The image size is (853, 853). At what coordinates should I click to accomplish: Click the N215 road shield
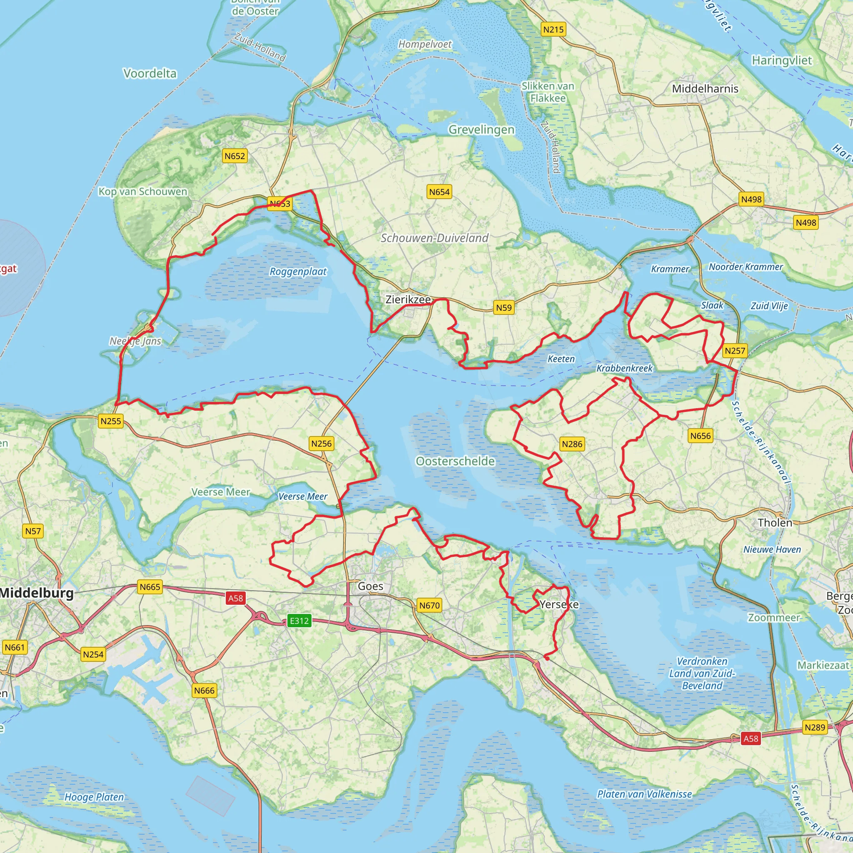pyautogui.click(x=553, y=30)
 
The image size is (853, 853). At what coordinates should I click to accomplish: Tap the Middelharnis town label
pyautogui.click(x=705, y=89)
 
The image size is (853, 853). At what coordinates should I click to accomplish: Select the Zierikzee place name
pyautogui.click(x=407, y=299)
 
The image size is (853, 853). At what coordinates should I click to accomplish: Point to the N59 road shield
pyautogui.click(x=504, y=308)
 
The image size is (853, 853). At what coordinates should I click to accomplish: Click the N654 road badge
pyautogui.click(x=439, y=192)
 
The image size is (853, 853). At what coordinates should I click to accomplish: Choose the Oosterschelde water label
pyautogui.click(x=455, y=461)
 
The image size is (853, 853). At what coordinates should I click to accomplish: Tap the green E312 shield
pyautogui.click(x=299, y=621)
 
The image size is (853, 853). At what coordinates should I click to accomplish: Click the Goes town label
pyautogui.click(x=370, y=586)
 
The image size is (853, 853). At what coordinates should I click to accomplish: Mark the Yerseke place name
pyautogui.click(x=559, y=604)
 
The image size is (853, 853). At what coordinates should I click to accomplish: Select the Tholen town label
pyautogui.click(x=775, y=523)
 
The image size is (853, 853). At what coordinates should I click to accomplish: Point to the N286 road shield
pyautogui.click(x=572, y=444)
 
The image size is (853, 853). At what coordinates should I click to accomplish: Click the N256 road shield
pyautogui.click(x=321, y=444)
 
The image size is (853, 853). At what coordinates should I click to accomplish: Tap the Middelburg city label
pyautogui.click(x=36, y=593)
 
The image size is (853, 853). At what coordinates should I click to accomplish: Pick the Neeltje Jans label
pyautogui.click(x=135, y=341)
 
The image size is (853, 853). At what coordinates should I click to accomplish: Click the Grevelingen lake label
pyautogui.click(x=481, y=130)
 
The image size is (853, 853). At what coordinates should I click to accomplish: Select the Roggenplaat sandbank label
pyautogui.click(x=298, y=272)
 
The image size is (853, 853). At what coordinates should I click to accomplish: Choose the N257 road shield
pyautogui.click(x=735, y=351)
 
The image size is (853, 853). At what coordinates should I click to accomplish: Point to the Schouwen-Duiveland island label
pyautogui.click(x=434, y=238)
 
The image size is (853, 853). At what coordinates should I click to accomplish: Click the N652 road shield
pyautogui.click(x=234, y=156)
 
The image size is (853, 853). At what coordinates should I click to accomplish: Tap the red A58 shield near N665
pyautogui.click(x=235, y=598)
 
